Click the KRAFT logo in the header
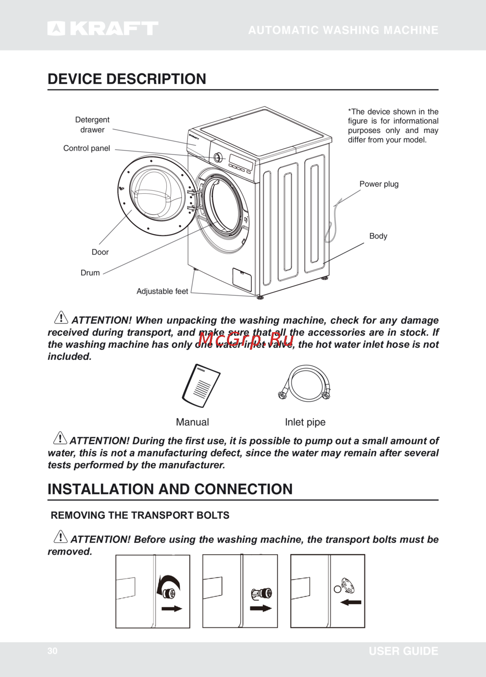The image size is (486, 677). tap(103, 29)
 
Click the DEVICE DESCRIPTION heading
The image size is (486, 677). tap(127, 79)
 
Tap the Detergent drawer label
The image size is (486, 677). tap(92, 125)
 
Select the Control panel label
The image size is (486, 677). tap(87, 148)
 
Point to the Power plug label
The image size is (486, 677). tap(379, 184)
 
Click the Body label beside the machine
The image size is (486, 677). tap(378, 236)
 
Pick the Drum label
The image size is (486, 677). tap(90, 273)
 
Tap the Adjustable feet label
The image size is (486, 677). tap(162, 291)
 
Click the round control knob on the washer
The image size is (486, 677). tap(218, 157)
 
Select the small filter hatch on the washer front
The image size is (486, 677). tap(242, 279)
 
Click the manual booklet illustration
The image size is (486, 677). tap(201, 386)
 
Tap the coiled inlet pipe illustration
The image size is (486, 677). tap(304, 384)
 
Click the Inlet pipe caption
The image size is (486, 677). tap(305, 422)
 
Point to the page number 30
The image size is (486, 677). tap(52, 651)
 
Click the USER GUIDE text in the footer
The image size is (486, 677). tap(403, 651)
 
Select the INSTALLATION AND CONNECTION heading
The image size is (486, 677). tap(170, 489)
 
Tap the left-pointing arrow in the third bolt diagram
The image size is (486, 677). tap(350, 602)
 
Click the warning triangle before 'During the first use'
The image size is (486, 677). tap(60, 438)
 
